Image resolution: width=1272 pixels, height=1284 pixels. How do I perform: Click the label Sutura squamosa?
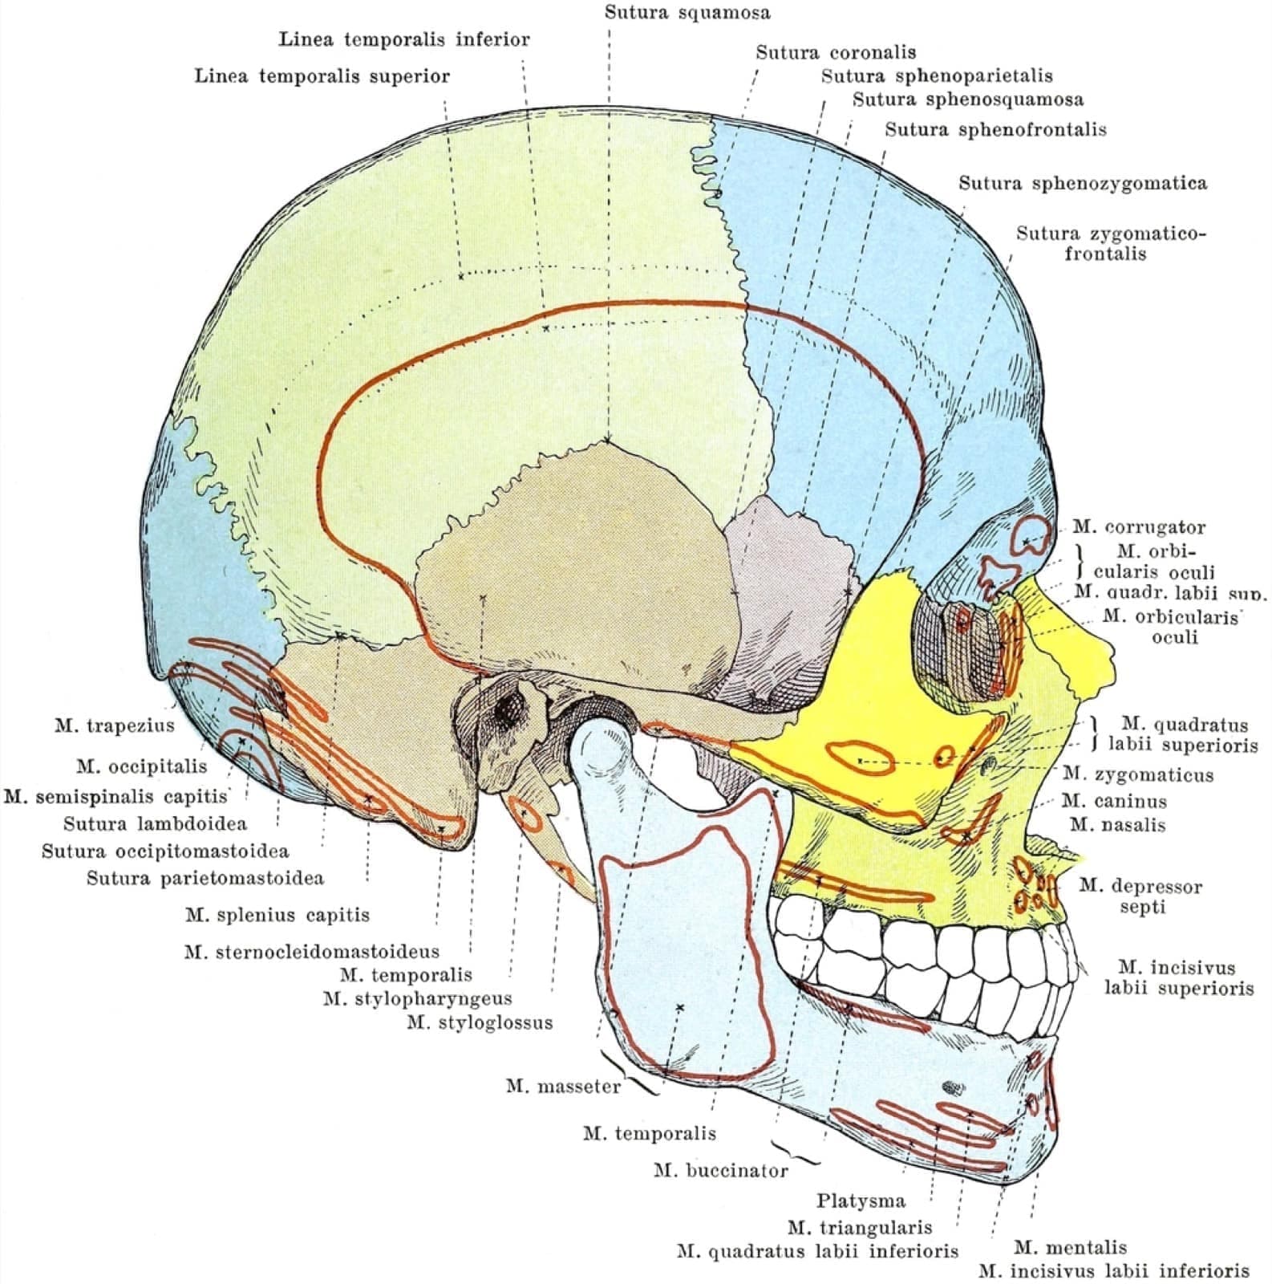point(687,12)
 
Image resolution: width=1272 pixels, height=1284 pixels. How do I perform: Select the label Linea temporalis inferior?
point(404,39)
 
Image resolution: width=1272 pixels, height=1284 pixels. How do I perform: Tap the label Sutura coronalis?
point(836,52)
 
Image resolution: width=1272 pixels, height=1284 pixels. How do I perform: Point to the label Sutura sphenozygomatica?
point(1083,183)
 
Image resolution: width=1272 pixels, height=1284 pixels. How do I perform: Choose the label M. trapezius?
point(114,725)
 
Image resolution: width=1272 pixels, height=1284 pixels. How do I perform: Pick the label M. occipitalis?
point(141,766)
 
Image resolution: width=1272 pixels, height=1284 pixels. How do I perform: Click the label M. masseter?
point(563,1086)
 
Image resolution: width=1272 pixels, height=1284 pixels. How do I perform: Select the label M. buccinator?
point(720,1170)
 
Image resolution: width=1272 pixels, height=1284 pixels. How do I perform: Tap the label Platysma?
point(861,1201)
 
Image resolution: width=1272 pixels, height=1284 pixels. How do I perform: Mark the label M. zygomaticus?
point(1137,774)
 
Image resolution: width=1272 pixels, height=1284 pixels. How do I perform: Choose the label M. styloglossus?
point(480,1022)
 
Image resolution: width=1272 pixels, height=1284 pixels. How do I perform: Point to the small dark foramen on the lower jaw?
point(953,1087)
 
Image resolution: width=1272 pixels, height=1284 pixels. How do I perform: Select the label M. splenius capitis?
point(277,914)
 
